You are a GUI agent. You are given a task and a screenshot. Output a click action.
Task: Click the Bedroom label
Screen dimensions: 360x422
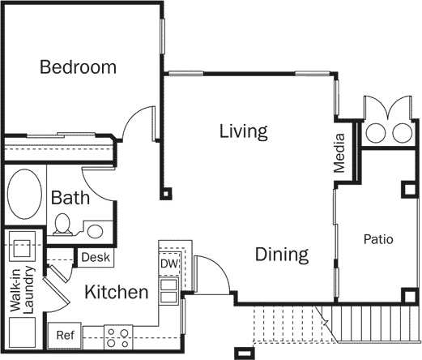point(79,67)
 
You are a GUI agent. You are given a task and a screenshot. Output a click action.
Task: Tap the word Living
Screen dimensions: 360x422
point(243,131)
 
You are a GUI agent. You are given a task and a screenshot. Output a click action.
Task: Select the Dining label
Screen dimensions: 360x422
point(282,255)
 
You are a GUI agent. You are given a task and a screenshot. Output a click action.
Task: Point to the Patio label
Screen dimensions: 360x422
point(377,240)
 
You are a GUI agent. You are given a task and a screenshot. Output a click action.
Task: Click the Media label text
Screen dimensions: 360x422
point(340,153)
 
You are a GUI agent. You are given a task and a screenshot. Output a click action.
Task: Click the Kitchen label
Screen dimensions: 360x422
point(117,292)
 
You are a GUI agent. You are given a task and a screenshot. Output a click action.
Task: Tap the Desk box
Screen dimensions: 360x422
point(96,257)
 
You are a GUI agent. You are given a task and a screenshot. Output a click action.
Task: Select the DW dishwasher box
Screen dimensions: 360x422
point(168,264)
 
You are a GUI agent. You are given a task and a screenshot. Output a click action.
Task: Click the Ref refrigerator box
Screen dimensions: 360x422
point(65,334)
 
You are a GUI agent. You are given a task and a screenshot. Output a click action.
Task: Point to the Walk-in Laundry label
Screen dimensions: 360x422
point(22,289)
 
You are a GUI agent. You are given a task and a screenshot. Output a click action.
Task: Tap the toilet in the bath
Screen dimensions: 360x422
point(62,225)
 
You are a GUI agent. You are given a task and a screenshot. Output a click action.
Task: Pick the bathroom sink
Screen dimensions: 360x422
point(96,231)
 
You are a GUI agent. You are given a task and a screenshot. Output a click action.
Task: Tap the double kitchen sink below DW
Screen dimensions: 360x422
point(168,290)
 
